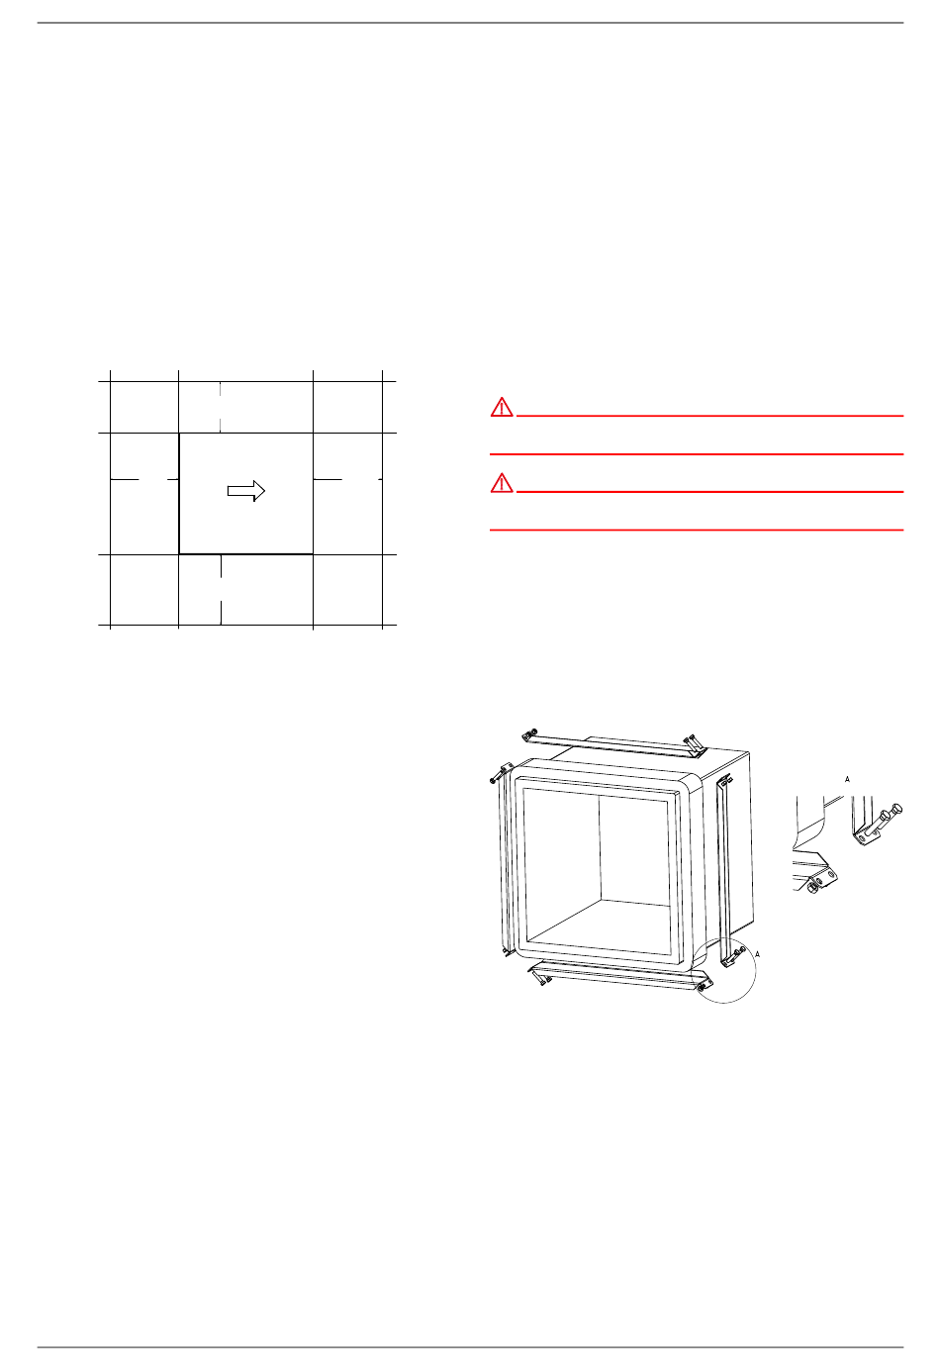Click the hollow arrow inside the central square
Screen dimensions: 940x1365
(x=246, y=491)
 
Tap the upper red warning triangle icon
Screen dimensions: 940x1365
(x=502, y=407)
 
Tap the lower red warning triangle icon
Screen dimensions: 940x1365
(x=502, y=483)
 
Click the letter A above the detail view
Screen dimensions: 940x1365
(x=847, y=779)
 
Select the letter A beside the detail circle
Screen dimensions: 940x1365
(x=757, y=954)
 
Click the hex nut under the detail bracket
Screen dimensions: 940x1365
(x=812, y=888)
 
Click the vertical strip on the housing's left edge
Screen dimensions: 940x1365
(x=504, y=860)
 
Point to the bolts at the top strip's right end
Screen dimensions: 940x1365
(x=692, y=741)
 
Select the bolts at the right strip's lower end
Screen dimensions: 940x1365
(x=735, y=955)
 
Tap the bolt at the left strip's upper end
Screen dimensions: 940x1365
(x=496, y=776)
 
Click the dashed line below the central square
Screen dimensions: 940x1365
(x=221, y=590)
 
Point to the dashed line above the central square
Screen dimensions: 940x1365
(x=220, y=407)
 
